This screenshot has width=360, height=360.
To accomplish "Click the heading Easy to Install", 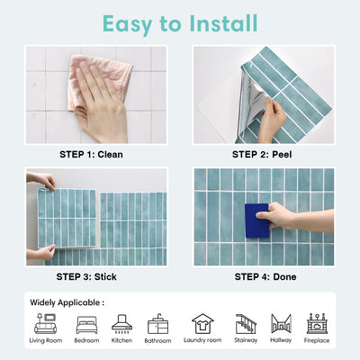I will pyautogui.click(x=179, y=22).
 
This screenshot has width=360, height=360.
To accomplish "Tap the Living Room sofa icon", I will pyautogui.click(x=45, y=324).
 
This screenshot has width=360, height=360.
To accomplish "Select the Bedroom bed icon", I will pyautogui.click(x=87, y=324).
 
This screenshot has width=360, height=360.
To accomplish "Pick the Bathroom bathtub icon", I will pyautogui.click(x=157, y=324).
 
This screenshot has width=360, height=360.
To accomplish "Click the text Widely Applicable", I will pyautogui.click(x=67, y=302).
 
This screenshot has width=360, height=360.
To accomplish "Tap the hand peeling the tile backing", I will pyautogui.click(x=270, y=112).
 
